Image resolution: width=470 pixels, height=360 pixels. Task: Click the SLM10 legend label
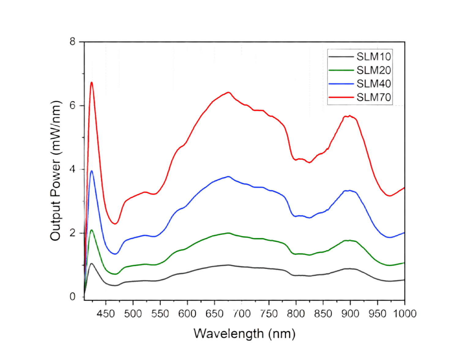pyautogui.click(x=374, y=57)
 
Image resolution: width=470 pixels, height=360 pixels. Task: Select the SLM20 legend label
pyautogui.click(x=374, y=70)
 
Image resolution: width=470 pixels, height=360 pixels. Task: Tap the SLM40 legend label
pyautogui.click(x=374, y=84)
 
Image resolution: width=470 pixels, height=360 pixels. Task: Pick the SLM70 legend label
pyautogui.click(x=374, y=97)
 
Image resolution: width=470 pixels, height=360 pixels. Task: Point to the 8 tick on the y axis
pyautogui.click(x=73, y=41)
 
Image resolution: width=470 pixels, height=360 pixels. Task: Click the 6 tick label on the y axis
pyautogui.click(x=73, y=105)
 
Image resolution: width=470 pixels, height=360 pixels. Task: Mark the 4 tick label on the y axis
pyautogui.click(x=73, y=169)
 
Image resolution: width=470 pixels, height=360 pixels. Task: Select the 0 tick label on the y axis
pyautogui.click(x=73, y=296)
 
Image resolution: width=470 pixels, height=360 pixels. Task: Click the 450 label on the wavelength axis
pyautogui.click(x=105, y=314)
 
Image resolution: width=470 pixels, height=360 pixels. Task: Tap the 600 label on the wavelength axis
pyautogui.click(x=187, y=314)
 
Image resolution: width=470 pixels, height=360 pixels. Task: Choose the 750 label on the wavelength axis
pyautogui.click(x=269, y=314)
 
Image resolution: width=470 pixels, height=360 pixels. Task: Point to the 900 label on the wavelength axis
pyautogui.click(x=350, y=314)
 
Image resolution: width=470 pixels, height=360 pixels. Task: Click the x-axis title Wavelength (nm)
pyautogui.click(x=244, y=334)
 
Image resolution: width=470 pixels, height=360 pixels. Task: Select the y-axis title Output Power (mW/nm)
pyautogui.click(x=56, y=170)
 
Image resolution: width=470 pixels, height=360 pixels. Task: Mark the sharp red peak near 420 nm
pyautogui.click(x=91, y=82)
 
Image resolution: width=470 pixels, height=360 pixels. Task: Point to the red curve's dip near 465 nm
pyautogui.click(x=115, y=224)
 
